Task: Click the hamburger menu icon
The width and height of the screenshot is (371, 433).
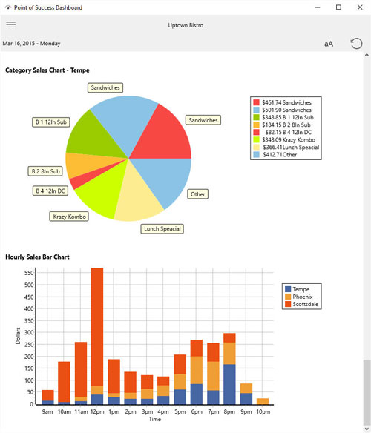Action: [11, 25]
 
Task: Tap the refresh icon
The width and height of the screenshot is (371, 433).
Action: [356, 44]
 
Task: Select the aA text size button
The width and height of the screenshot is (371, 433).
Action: [329, 44]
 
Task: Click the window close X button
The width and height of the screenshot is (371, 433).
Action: [360, 7]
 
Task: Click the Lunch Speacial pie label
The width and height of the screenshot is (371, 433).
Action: [162, 228]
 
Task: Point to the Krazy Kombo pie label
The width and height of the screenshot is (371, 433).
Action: [69, 216]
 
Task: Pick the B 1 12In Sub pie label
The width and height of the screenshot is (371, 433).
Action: [51, 122]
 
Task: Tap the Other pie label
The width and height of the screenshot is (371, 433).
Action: [198, 194]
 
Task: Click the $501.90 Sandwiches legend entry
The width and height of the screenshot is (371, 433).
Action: [283, 110]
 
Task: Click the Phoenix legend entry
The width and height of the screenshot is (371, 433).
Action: [299, 297]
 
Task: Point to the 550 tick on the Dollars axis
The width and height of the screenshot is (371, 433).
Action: [29, 273]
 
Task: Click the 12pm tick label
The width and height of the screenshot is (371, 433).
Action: [97, 411]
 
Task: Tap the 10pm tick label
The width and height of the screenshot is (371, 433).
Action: [263, 411]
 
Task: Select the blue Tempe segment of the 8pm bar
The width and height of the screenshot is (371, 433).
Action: [229, 384]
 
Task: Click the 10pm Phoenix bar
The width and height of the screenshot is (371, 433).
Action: [263, 402]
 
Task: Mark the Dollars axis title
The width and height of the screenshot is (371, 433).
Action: [18, 336]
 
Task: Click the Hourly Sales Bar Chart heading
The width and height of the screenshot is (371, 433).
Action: [37, 257]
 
